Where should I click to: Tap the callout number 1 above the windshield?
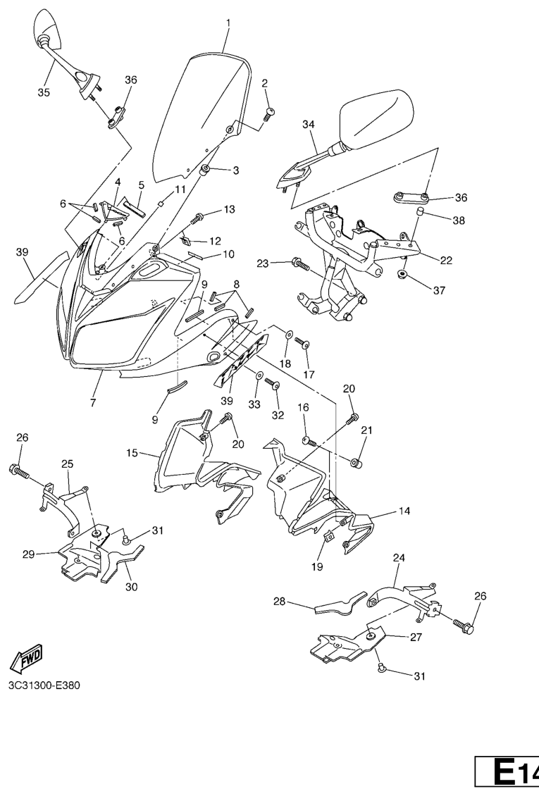[228, 23]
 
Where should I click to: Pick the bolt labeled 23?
[300, 265]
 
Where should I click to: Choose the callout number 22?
[445, 259]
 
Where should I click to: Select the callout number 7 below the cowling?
[93, 403]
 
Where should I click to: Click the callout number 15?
[132, 455]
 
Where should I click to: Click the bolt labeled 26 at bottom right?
[464, 624]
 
